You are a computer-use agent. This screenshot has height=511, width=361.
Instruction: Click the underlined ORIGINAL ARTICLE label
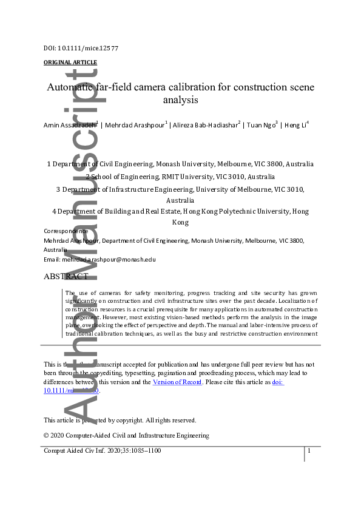click(70, 63)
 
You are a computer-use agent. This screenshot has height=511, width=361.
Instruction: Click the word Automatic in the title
click(72, 87)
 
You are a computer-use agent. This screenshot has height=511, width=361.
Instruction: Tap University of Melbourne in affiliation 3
click(237, 189)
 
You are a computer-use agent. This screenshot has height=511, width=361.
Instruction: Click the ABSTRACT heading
click(66, 277)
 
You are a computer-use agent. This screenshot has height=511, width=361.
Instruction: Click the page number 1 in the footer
click(309, 451)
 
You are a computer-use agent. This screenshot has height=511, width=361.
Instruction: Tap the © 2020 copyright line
click(126, 435)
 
